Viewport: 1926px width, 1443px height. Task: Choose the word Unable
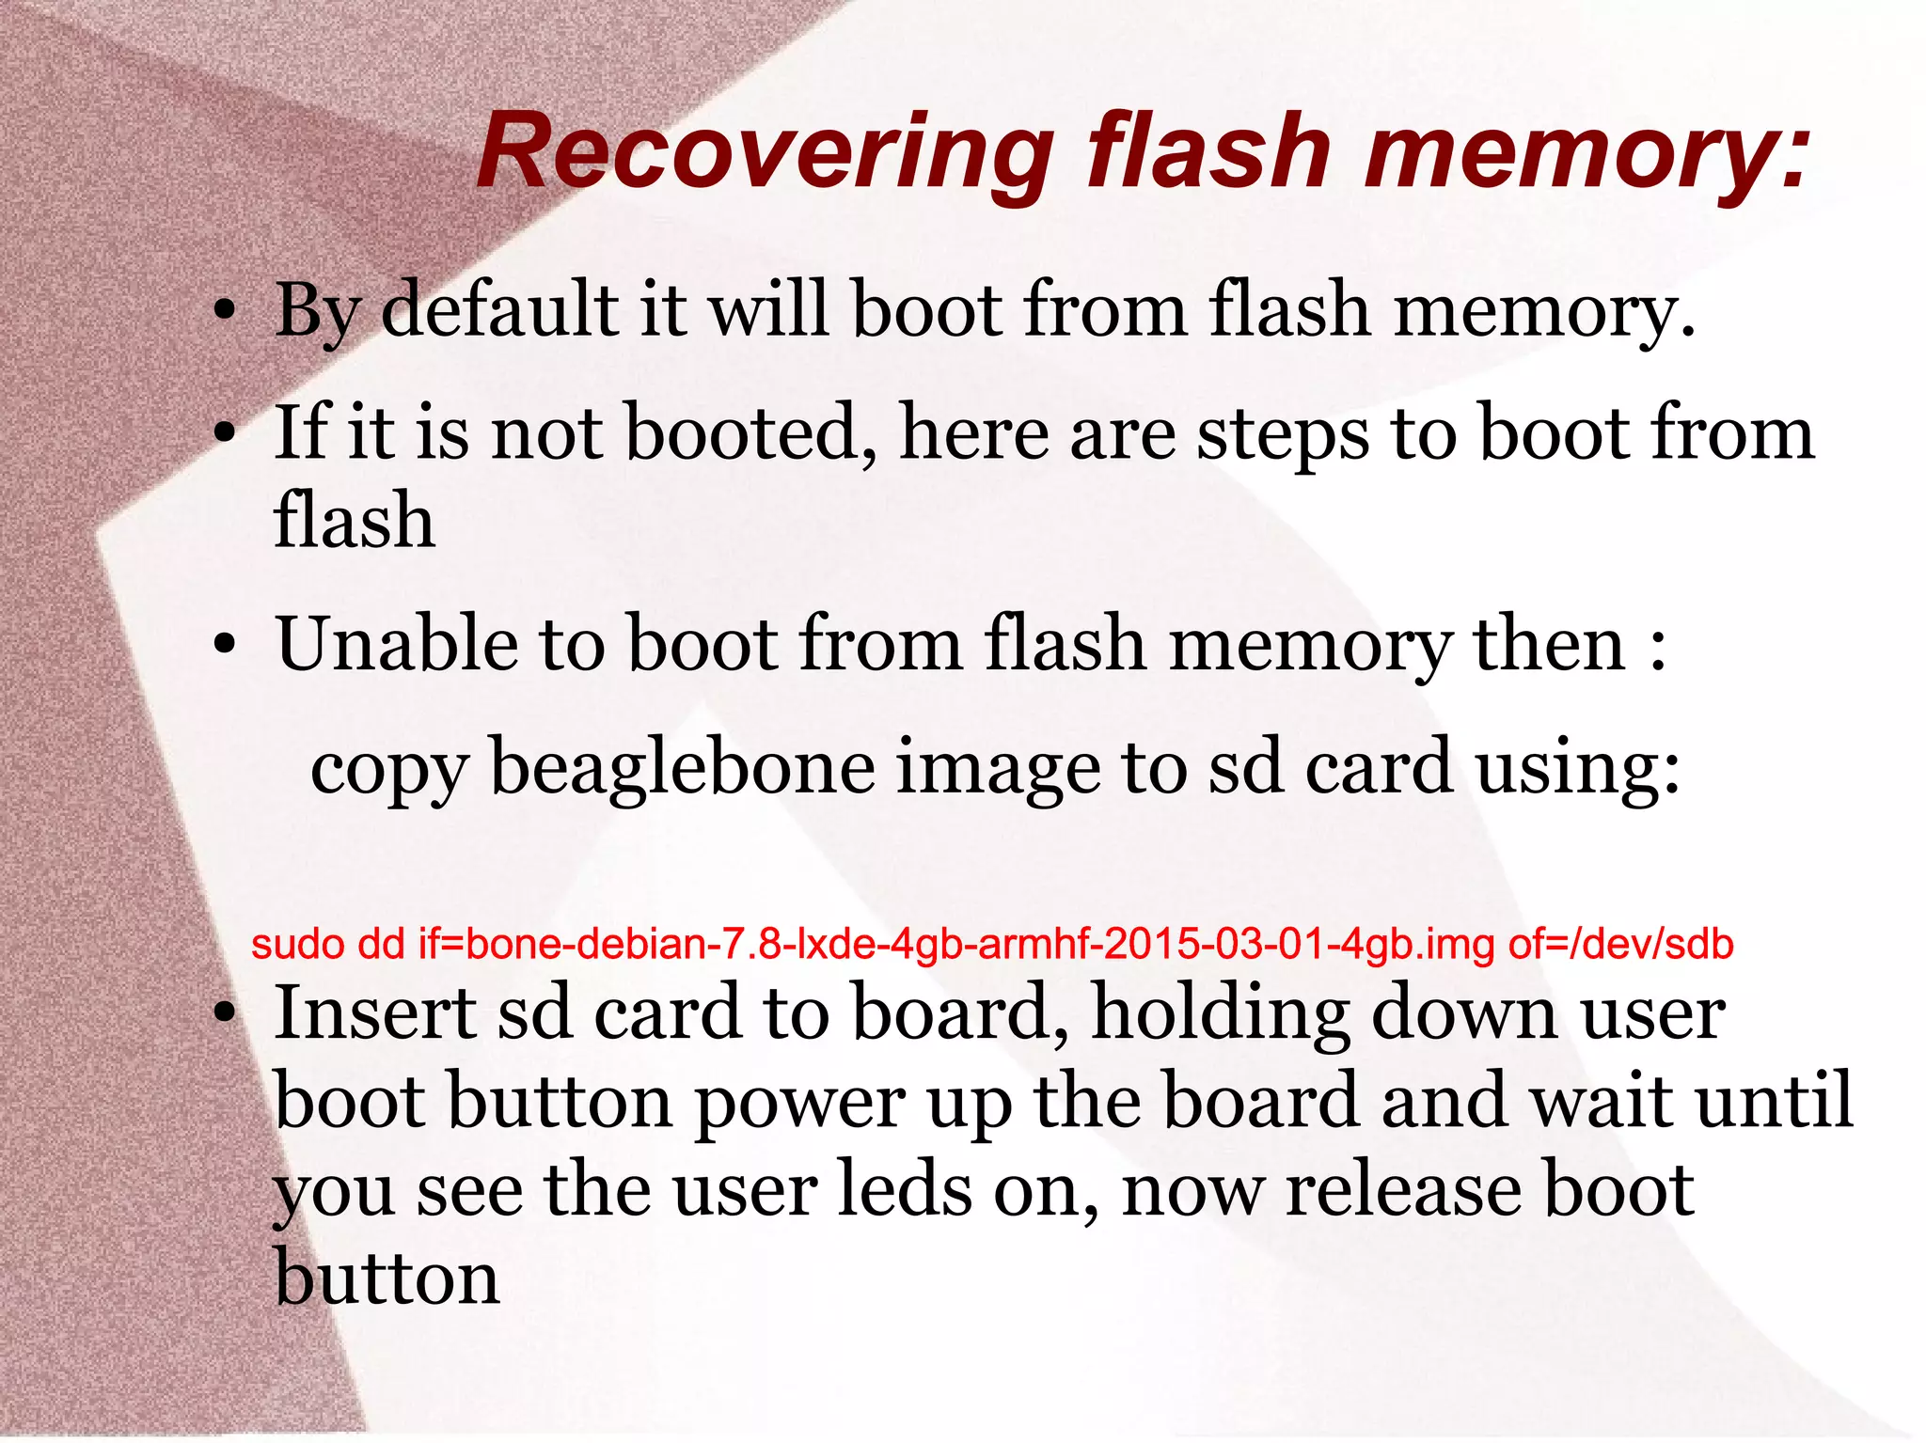(x=396, y=645)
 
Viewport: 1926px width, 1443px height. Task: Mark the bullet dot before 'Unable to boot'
(x=223, y=648)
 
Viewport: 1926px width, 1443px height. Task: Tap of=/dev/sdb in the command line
(x=1620, y=944)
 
